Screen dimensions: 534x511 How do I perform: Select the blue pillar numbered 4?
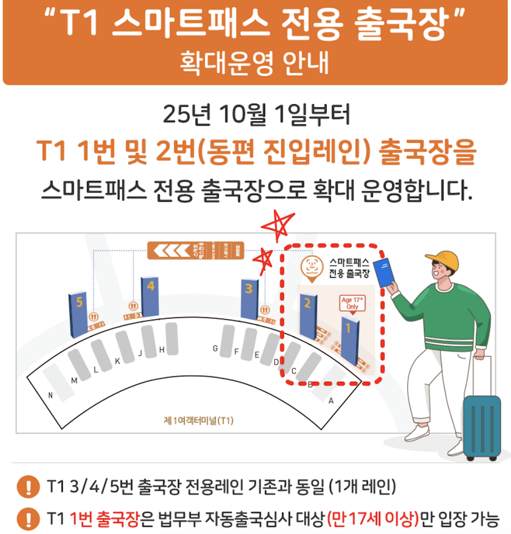150,297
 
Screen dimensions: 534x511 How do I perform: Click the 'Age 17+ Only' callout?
352,303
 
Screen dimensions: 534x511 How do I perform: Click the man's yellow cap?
444,260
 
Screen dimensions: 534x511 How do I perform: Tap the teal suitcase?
481,427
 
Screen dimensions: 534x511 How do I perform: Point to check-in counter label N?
50,395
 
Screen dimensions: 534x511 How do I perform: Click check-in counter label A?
331,401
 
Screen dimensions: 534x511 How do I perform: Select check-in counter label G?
215,349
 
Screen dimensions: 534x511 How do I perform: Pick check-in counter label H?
162,350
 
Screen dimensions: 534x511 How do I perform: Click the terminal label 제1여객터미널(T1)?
198,420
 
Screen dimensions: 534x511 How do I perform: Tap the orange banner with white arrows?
195,250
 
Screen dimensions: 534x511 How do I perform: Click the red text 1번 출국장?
105,519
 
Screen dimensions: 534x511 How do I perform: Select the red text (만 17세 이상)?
373,519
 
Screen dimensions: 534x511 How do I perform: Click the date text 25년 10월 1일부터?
256,114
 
